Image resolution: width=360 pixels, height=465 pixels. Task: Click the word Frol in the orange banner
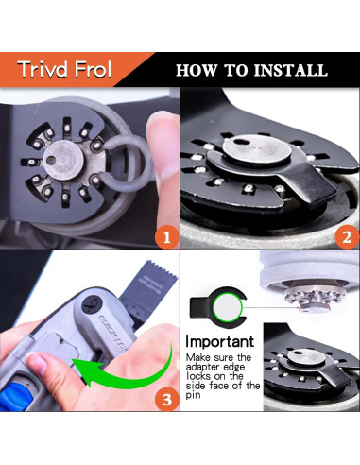[x=93, y=69]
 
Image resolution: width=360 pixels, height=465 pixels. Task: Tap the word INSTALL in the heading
[x=291, y=70]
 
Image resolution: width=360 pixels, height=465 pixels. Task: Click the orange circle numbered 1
[x=166, y=236]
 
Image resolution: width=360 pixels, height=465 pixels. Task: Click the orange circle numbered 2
[x=347, y=236]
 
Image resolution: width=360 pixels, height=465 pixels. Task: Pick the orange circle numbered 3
[x=166, y=400]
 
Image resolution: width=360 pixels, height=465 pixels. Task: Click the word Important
[x=219, y=341]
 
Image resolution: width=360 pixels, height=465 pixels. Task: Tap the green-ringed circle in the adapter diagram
[x=228, y=307]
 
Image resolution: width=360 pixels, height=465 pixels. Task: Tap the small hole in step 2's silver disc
[x=242, y=142]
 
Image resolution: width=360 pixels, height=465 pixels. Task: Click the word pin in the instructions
[x=193, y=395]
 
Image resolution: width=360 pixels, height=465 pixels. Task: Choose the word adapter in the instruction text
[x=204, y=368]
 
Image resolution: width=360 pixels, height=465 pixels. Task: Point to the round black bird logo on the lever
[x=92, y=305]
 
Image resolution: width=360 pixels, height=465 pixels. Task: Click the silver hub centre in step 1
[x=63, y=160]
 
